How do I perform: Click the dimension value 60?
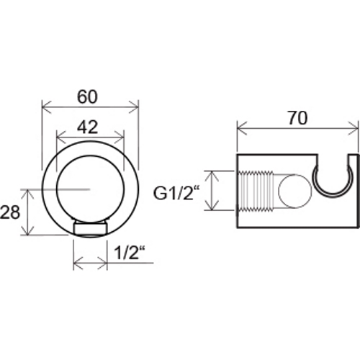click(87, 96)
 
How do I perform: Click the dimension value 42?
click(88, 127)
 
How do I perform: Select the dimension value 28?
click(9, 212)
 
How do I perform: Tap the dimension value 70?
click(297, 118)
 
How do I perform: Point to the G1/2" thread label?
click(176, 193)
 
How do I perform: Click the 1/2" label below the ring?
click(130, 253)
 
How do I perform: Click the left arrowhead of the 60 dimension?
click(47, 107)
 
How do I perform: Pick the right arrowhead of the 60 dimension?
click(134, 107)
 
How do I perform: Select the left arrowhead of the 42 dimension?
click(61, 137)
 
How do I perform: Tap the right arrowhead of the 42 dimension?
click(120, 137)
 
